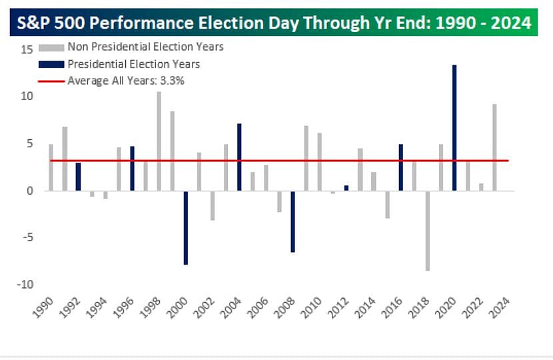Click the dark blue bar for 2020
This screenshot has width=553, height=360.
[x=454, y=127]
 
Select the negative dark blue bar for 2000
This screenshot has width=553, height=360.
[x=186, y=227]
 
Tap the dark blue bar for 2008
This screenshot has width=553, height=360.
[x=293, y=221]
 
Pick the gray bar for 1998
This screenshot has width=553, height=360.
[x=159, y=141]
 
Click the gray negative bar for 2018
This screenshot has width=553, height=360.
[x=427, y=231]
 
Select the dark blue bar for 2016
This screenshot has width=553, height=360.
[x=400, y=167]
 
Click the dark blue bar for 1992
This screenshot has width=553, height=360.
[x=78, y=176]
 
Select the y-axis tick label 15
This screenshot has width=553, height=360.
[x=26, y=49]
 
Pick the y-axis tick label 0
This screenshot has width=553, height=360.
[x=29, y=191]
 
